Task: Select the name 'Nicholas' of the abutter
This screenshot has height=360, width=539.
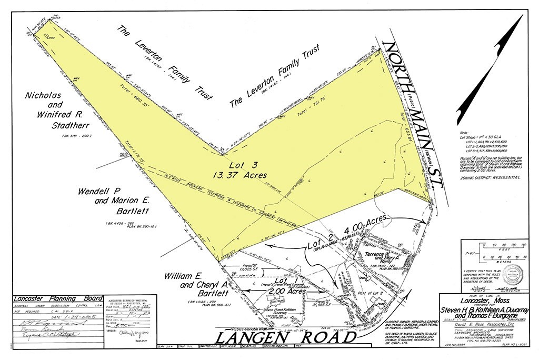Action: tap(44, 95)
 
